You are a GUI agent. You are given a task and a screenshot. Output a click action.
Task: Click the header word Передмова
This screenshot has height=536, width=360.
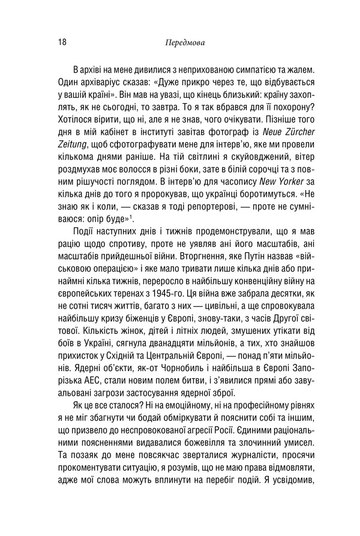184,43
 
